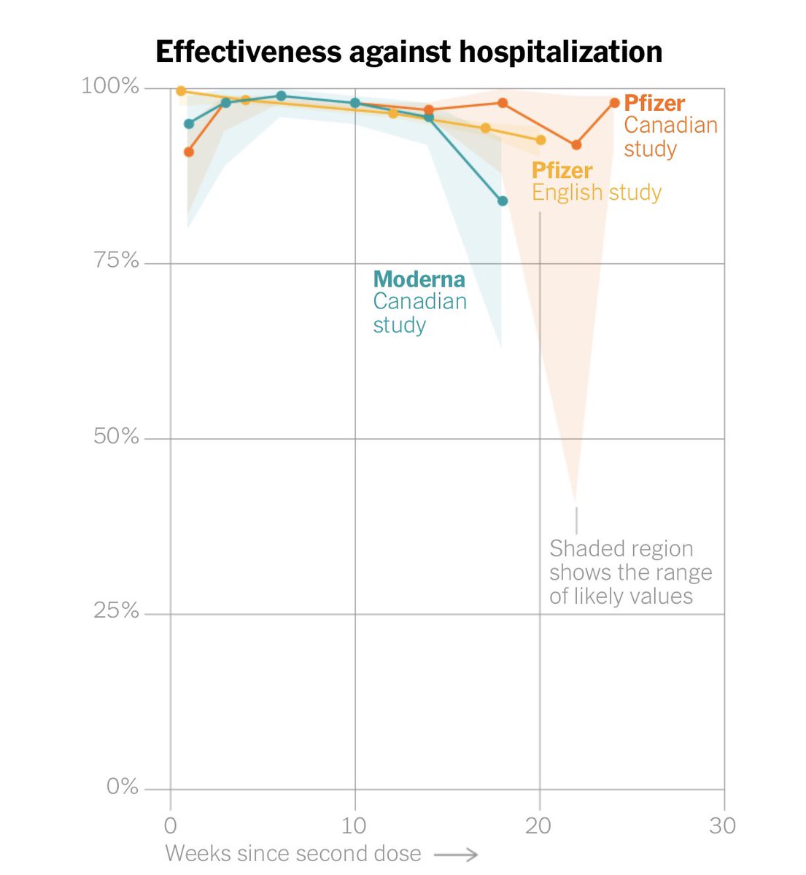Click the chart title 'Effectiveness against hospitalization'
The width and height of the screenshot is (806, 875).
click(408, 52)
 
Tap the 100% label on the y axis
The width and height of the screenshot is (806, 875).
click(109, 86)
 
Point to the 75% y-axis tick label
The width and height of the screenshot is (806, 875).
click(116, 260)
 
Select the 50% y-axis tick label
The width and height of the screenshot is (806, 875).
click(116, 436)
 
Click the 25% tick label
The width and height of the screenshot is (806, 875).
click(116, 611)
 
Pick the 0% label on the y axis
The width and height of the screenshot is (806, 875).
click(122, 787)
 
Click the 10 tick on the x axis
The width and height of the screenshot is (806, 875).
click(354, 826)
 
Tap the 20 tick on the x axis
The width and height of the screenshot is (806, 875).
click(539, 826)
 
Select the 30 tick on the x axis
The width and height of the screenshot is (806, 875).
click(723, 826)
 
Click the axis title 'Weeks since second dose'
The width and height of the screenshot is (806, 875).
click(293, 854)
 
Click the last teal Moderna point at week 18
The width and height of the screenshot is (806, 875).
click(503, 201)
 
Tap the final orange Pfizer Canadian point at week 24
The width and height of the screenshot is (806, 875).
click(614, 103)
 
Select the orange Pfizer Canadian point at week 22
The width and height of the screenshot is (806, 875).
click(576, 145)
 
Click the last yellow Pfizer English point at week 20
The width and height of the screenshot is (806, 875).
click(540, 140)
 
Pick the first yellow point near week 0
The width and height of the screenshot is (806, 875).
click(181, 91)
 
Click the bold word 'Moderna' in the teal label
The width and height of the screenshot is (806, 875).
click(419, 279)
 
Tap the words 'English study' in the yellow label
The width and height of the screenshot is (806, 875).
click(596, 192)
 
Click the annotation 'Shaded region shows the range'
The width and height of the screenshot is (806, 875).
click(630, 560)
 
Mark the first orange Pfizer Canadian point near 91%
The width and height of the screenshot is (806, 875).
click(189, 152)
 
